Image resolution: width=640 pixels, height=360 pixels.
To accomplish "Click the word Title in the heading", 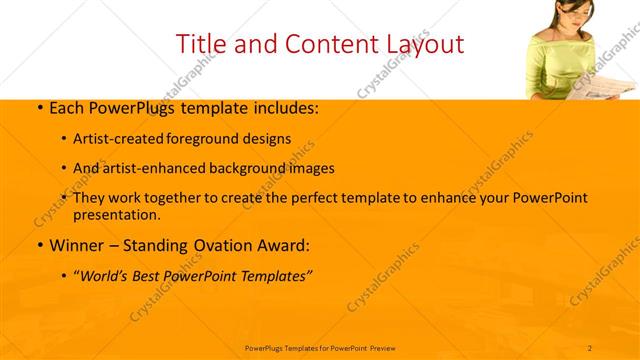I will [x=198, y=44].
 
